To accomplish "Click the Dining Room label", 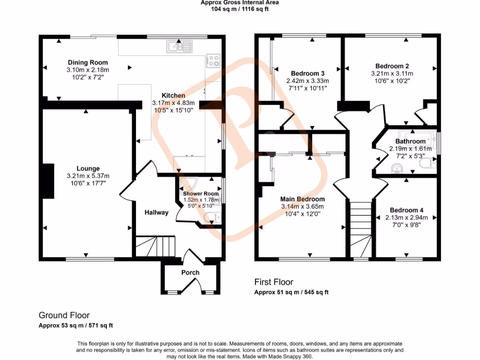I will coord(88,62).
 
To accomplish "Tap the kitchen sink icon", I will coord(179,46).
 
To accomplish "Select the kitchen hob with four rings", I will coord(213,60).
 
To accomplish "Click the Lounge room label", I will coord(88,168).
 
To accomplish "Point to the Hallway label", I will coord(156,212).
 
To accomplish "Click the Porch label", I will coord(190,272).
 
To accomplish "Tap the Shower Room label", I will coord(201,194).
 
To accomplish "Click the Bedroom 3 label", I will coord(307,73).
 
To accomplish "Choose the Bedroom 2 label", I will coord(392,66).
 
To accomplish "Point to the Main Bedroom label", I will coord(302,199).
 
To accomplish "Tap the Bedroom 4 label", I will coord(407,210).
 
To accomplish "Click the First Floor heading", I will coord(274,282).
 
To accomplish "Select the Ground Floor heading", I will coord(64,315).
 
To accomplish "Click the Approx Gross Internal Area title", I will coord(240,2).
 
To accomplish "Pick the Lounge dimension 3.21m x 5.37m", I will coord(88,176).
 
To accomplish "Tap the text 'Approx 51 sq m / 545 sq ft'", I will coord(292,292).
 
